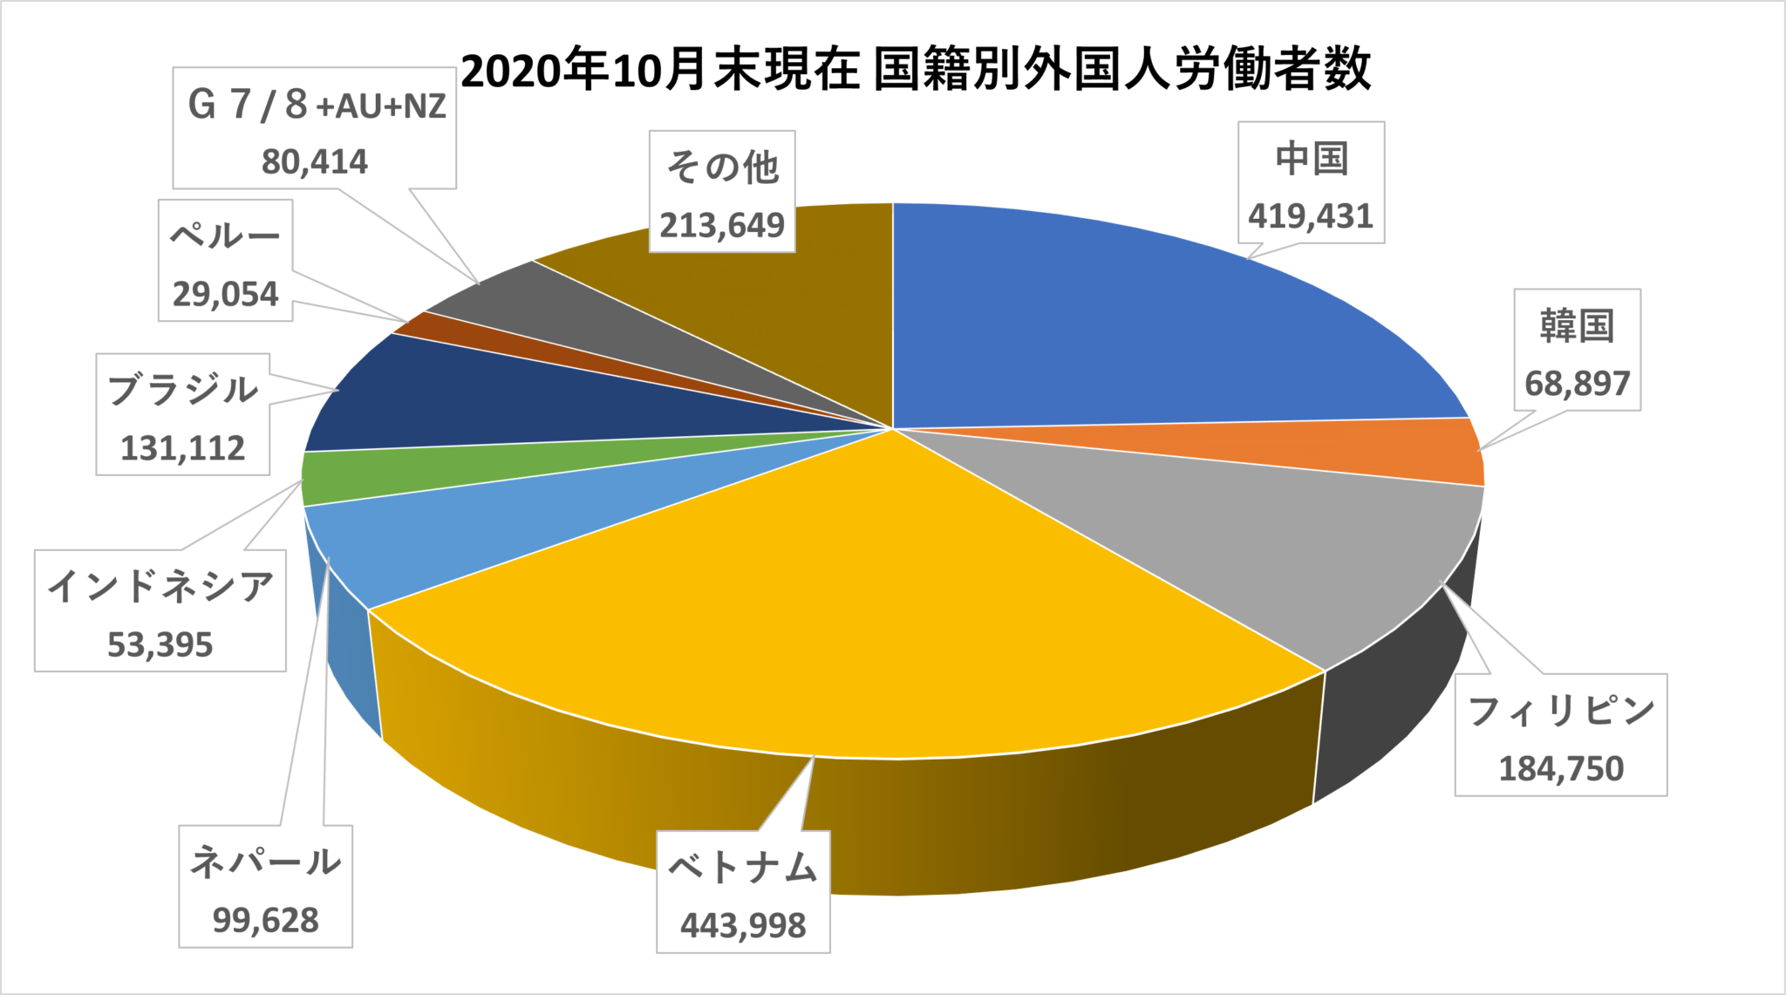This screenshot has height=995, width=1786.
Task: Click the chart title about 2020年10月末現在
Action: (x=916, y=70)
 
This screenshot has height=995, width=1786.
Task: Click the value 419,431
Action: (x=1310, y=215)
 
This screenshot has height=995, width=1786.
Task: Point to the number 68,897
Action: (x=1577, y=383)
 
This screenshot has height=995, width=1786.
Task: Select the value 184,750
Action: (x=1560, y=768)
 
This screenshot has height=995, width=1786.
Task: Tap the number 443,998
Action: (x=743, y=925)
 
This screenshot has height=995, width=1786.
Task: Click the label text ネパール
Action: (x=265, y=862)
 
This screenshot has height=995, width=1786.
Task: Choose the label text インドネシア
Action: (x=160, y=586)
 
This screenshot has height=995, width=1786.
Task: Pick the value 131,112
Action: (x=182, y=447)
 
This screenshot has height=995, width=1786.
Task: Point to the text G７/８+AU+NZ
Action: (x=316, y=106)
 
